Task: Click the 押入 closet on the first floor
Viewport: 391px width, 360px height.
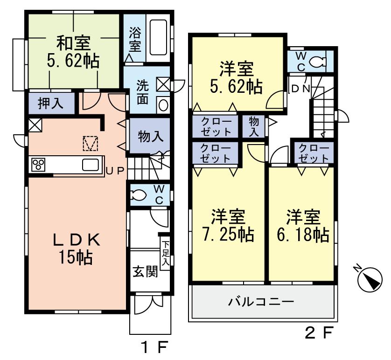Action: coord(50,103)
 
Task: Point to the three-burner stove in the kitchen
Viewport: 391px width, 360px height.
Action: coord(38,165)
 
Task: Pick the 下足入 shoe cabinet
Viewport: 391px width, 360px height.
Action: coord(165,254)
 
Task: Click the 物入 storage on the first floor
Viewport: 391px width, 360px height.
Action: coord(151,136)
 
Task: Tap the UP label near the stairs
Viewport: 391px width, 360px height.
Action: coord(115,171)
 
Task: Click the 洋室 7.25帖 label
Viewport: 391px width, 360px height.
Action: coord(228,226)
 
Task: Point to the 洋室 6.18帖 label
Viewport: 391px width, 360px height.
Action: coord(303,226)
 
